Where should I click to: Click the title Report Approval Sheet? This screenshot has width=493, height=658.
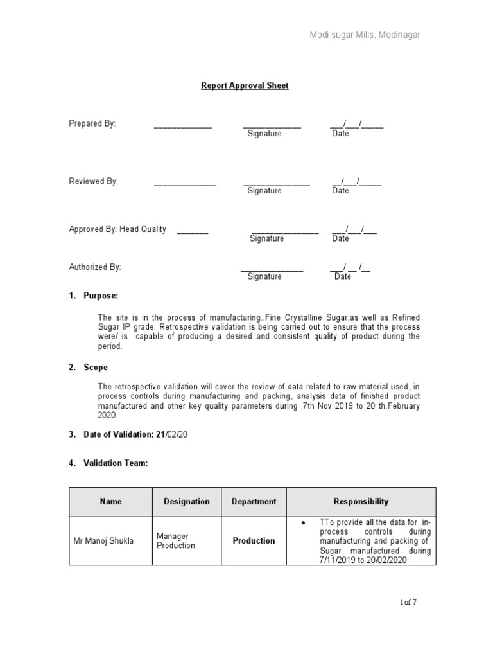coord(246,85)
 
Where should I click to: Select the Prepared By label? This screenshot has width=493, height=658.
coord(92,123)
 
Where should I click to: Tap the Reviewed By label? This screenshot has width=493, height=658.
coord(94,181)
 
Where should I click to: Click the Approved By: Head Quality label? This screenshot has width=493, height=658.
coord(117,229)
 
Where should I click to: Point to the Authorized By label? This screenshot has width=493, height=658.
coord(95,267)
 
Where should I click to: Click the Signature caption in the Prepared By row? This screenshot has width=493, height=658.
coord(264,134)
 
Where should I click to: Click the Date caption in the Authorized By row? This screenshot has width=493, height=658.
coord(343,276)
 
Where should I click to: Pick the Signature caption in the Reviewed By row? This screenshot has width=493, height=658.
coord(264,191)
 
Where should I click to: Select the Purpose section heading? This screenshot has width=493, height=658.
coord(101,296)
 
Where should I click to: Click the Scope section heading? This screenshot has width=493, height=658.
coord(96,368)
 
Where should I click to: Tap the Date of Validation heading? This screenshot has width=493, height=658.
coord(135,435)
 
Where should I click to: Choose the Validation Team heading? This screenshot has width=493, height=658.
coord(116,463)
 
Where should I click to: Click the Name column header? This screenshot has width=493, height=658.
coord(110,502)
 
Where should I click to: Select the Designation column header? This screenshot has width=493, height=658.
coord(187,502)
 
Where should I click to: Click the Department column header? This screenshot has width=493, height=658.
coord(254,502)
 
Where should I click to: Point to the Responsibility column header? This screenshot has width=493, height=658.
coord(361,502)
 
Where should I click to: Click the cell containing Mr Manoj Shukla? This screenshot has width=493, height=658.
coord(104,541)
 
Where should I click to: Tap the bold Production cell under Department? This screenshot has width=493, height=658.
coord(254,541)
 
